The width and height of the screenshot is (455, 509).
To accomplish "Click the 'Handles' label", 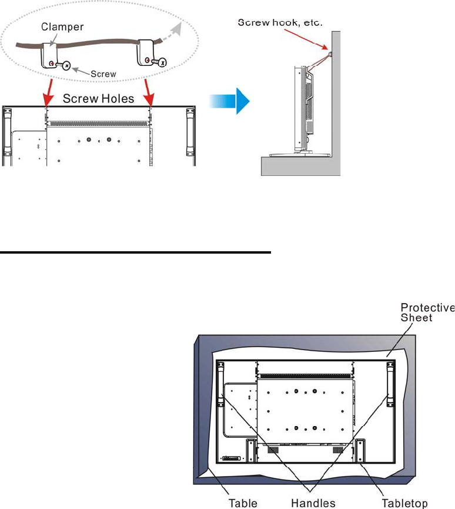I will (315, 503).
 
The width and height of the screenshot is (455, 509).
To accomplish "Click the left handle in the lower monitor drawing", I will (221, 384).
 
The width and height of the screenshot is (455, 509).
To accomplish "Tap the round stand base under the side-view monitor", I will (293, 154).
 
